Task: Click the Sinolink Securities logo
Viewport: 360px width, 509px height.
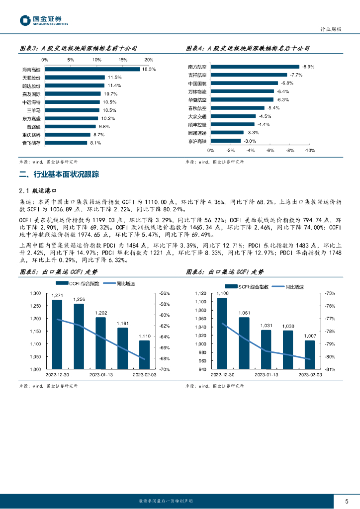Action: point(44,20)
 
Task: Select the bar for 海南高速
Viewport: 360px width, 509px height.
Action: point(92,69)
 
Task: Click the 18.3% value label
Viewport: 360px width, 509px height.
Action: point(149,69)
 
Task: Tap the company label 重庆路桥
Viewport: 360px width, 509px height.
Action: point(34,135)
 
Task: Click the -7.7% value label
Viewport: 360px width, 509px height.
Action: point(296,75)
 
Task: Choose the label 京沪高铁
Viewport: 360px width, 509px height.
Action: point(197,141)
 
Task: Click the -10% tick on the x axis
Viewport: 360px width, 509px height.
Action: point(309,151)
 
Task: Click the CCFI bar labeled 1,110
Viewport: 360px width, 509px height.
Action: point(144,354)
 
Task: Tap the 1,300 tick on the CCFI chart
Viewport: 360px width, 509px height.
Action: point(34,293)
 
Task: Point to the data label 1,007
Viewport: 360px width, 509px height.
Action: point(309,336)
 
